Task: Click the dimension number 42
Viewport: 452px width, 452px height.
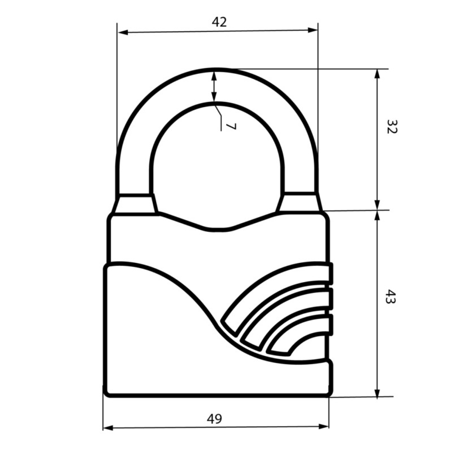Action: (219, 22)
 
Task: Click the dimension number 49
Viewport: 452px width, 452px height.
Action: (214, 419)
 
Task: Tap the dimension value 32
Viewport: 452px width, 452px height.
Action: (392, 126)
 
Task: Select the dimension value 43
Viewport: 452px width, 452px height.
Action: (391, 297)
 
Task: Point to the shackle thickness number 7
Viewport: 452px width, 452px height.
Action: (231, 126)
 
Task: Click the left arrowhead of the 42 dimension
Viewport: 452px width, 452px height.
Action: (123, 32)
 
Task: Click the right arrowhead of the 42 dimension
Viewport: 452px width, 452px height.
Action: (312, 30)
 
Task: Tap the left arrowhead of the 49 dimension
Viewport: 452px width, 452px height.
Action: (108, 428)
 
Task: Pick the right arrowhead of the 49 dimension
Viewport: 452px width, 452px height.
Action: (324, 426)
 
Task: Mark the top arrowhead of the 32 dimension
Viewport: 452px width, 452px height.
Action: (377, 74)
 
